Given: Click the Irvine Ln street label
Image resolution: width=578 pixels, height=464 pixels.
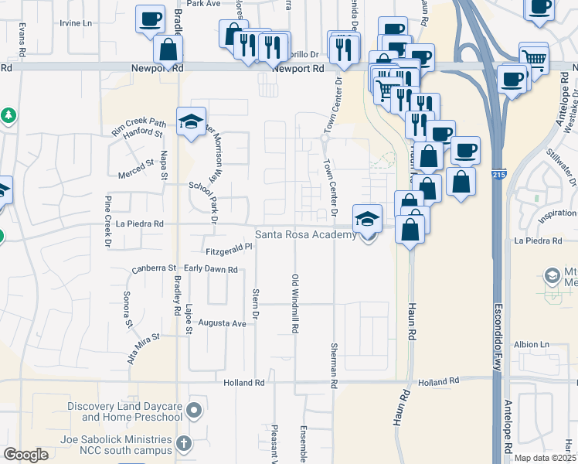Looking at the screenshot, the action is click(x=76, y=23).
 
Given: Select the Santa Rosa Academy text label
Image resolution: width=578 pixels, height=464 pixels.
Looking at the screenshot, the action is click(x=306, y=234).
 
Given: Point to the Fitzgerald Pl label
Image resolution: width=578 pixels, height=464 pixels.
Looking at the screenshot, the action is click(x=229, y=251).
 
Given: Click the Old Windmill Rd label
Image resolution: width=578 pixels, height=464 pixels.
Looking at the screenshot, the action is click(x=294, y=302).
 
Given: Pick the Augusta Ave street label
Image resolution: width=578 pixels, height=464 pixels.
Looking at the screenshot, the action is click(x=223, y=322).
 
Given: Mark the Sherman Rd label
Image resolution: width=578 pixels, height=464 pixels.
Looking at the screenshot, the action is click(x=334, y=366).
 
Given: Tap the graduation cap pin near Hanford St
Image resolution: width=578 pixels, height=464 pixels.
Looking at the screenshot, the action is click(x=191, y=121).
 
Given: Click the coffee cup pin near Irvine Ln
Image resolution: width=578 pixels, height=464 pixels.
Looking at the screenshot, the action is click(x=151, y=19).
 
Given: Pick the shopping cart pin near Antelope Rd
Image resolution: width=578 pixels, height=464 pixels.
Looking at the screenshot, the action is click(x=533, y=56).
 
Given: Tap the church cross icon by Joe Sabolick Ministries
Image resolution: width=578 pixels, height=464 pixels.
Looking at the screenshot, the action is click(x=183, y=444).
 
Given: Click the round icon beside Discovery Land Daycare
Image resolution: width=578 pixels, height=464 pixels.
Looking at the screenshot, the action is click(x=193, y=409).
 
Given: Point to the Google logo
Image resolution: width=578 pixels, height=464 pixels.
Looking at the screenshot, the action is click(x=26, y=455).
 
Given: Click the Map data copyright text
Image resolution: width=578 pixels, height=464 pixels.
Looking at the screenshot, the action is click(x=544, y=458).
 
